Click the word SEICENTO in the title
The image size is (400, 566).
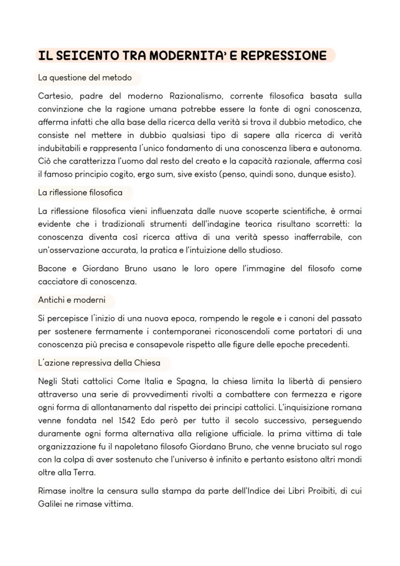[x=81, y=56]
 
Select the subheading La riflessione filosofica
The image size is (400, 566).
[x=80, y=192]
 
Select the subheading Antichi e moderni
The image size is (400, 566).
[x=71, y=300]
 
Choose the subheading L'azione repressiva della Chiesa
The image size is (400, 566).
[x=99, y=363]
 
